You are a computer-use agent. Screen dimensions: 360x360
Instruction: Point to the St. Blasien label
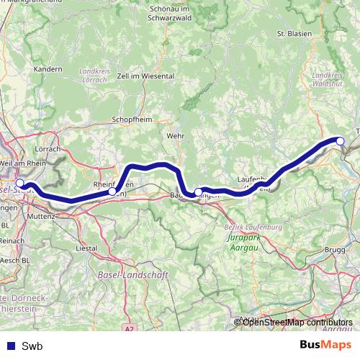point(293,33)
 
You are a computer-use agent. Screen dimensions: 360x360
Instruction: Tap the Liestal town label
point(86,248)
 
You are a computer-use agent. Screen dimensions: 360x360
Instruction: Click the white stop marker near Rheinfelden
point(112,192)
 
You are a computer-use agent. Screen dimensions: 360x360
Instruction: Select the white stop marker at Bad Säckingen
point(198,192)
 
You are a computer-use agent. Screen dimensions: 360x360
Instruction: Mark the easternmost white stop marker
point(341,141)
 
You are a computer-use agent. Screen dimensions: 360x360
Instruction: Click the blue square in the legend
point(10,346)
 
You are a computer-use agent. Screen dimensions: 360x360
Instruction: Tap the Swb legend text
point(32,346)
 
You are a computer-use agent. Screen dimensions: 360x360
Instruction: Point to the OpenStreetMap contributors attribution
point(297,322)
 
